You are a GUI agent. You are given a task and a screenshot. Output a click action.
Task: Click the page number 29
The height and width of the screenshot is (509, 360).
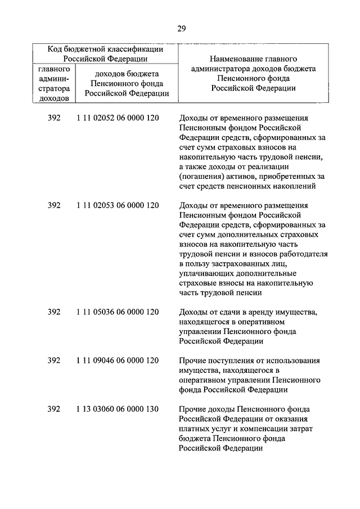[x=181, y=28]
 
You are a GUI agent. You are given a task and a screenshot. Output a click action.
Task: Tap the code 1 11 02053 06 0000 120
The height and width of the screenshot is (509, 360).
[x=118, y=205]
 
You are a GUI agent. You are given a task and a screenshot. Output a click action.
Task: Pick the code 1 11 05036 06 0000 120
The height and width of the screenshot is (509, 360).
[x=118, y=312]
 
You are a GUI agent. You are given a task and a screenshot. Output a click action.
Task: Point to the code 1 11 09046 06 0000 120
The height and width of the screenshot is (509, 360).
[x=118, y=360]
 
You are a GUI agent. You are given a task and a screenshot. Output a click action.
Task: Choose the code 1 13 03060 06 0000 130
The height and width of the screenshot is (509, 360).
[x=118, y=409]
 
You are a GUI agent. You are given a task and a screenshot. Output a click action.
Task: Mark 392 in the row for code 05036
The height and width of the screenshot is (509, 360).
[x=54, y=312]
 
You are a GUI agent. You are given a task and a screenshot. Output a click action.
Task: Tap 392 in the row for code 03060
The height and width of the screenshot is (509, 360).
[x=54, y=409]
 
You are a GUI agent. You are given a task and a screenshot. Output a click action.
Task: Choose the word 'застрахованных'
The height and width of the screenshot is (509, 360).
[x=238, y=263]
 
